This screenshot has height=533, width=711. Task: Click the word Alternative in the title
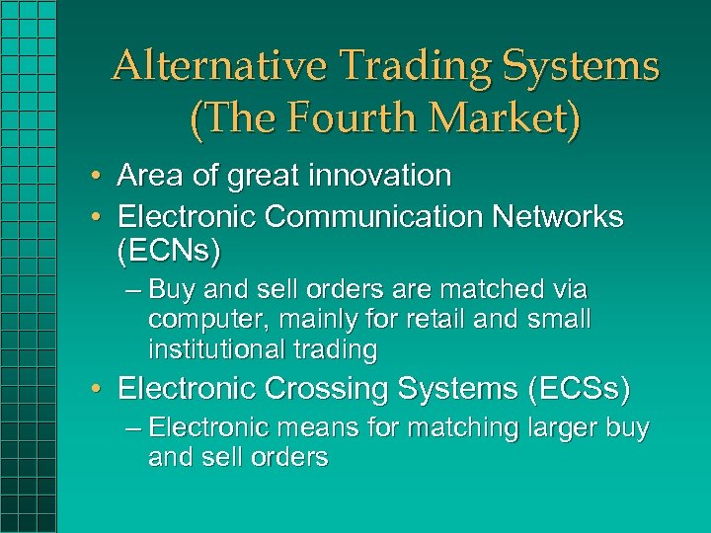click(218, 67)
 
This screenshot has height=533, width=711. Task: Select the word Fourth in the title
click(337, 118)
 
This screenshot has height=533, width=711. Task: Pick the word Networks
click(567, 216)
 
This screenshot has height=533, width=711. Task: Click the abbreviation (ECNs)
click(170, 252)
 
